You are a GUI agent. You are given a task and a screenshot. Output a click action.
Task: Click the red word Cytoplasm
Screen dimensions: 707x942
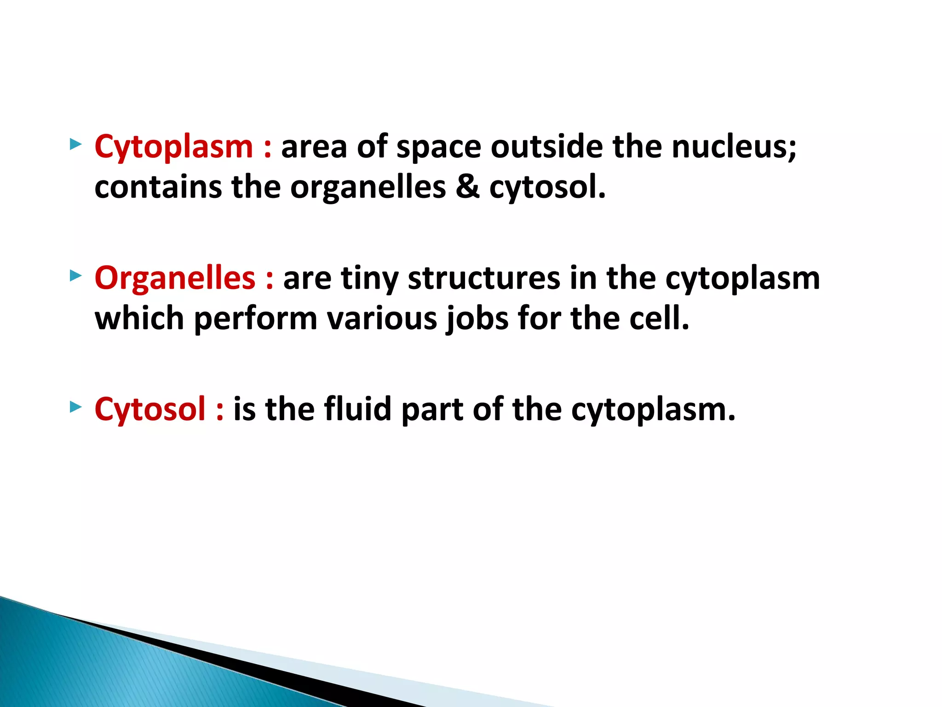point(174,147)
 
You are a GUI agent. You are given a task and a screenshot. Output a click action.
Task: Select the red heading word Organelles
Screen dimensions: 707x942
point(175,278)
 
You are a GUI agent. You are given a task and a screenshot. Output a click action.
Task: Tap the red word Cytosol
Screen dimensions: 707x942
point(150,410)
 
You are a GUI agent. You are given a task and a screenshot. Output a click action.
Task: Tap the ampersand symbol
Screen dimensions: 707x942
point(467,187)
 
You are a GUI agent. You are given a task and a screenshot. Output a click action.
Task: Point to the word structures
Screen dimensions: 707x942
point(484,278)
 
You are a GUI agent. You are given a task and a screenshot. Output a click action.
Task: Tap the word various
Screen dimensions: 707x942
point(382,319)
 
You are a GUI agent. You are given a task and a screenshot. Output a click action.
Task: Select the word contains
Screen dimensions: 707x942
point(158,187)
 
